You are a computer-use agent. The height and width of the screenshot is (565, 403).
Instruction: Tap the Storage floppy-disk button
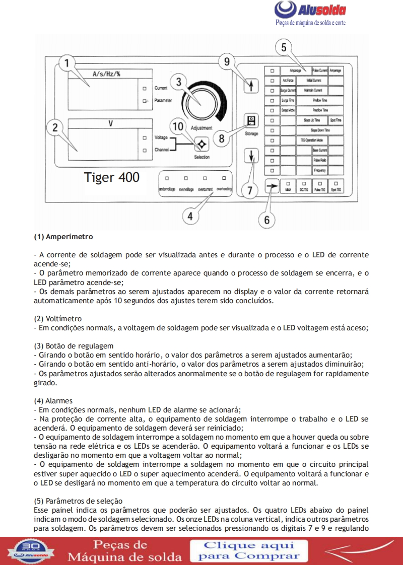[x=250, y=121]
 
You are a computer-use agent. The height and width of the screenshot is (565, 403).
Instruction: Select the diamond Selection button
[x=201, y=145]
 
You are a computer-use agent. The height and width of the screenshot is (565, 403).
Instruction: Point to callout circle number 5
[x=284, y=47]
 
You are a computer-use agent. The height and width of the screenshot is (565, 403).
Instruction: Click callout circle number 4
[x=190, y=217]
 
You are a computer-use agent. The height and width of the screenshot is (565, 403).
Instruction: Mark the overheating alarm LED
[x=224, y=178]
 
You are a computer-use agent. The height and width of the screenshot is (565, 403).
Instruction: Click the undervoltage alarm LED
[x=166, y=178]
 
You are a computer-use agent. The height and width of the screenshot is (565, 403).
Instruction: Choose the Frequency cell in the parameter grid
[x=320, y=171]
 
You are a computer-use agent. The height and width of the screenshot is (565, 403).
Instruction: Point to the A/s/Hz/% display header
[x=106, y=74]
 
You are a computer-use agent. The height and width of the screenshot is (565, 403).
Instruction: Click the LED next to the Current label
[x=145, y=88]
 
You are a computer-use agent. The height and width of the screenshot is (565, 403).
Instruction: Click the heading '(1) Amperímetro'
[x=63, y=236]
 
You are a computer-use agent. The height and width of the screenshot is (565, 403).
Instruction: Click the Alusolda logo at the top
[x=310, y=11]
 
